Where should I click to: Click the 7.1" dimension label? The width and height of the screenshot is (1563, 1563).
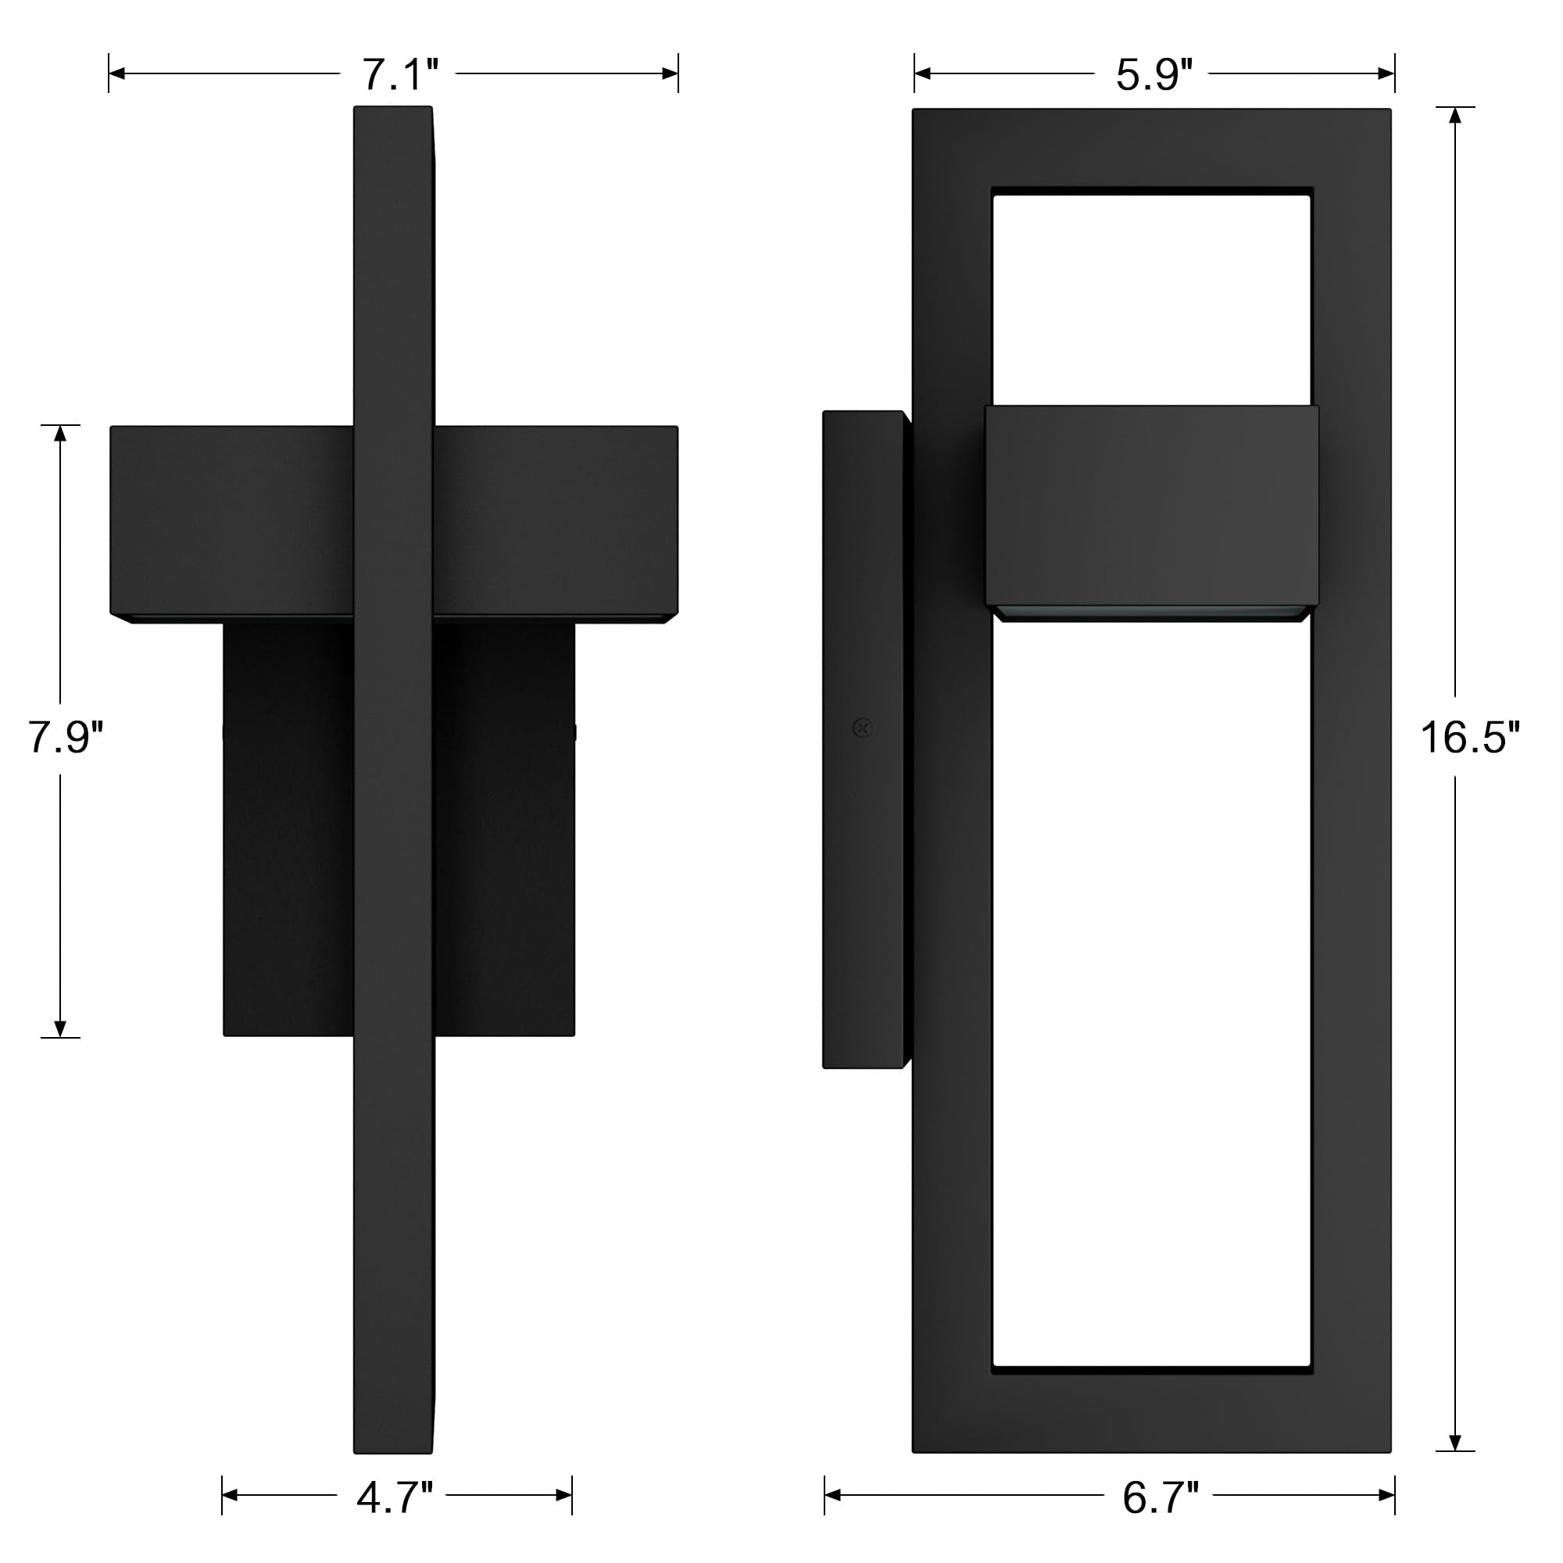point(399,74)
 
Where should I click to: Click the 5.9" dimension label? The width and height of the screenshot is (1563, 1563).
point(1153,74)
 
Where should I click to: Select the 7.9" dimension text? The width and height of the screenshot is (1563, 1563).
point(66,737)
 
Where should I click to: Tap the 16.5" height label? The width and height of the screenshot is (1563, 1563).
point(1469,737)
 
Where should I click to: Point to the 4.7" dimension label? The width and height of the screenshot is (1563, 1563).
point(394,1497)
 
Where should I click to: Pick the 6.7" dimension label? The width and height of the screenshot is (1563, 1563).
point(1159,1497)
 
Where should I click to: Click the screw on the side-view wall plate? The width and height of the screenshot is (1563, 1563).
point(863,728)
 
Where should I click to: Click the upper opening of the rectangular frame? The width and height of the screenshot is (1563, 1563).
point(1150,299)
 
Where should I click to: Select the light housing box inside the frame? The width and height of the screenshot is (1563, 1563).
point(1150,506)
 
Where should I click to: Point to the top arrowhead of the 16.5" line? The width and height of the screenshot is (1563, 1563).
point(1454,115)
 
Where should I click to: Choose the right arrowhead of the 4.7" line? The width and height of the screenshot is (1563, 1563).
point(564,1495)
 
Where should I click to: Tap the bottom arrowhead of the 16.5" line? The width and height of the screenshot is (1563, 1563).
point(1454,1443)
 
